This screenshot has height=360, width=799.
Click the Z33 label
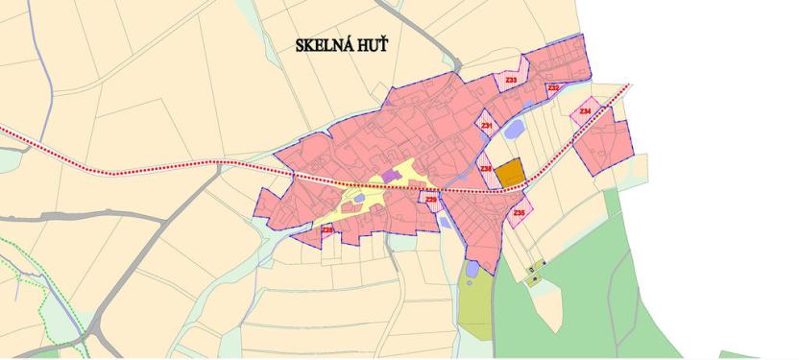[511, 80]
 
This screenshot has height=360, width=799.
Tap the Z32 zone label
[553, 88]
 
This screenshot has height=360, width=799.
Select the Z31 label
[487, 126]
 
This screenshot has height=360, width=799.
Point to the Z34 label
[584, 112]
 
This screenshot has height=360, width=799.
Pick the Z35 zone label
[520, 212]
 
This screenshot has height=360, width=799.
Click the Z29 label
[431, 200]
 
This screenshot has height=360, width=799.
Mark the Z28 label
[327, 229]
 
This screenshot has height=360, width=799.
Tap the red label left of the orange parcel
[486, 169]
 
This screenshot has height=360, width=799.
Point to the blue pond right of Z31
[514, 128]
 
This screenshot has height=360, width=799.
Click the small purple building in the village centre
[389, 175]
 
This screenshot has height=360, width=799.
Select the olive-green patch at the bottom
[474, 307]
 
